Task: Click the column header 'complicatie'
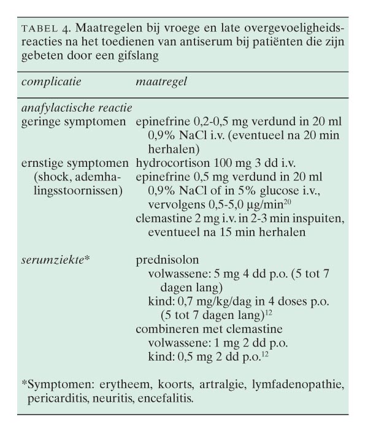point(51,81)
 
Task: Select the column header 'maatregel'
point(161,81)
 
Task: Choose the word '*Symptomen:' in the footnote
point(52,385)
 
